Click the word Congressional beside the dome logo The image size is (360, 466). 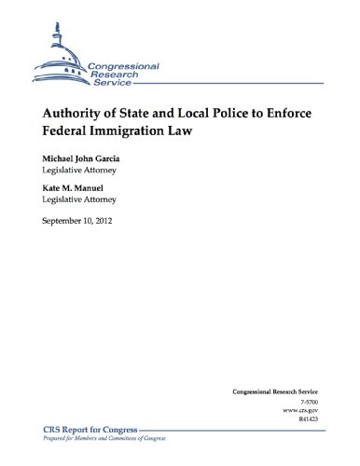pos(123,68)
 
